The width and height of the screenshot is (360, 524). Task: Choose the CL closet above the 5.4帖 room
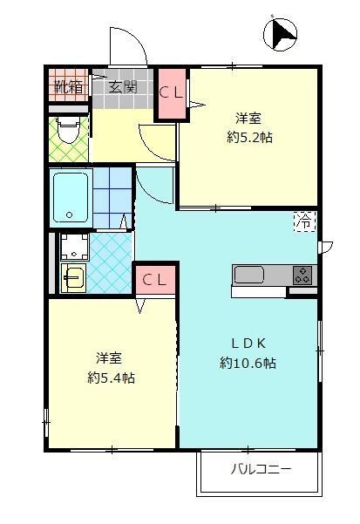coord(154,280)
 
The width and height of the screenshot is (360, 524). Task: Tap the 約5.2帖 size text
coord(248,137)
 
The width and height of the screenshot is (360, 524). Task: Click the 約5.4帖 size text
coord(111,378)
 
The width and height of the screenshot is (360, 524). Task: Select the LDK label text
coord(248,342)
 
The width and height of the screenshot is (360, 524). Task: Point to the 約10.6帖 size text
coord(248,363)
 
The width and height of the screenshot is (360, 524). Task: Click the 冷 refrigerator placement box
coord(305,222)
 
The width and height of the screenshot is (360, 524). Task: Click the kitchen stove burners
coord(302,275)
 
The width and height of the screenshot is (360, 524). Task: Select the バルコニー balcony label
coord(261,470)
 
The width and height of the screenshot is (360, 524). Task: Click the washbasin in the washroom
coord(72,278)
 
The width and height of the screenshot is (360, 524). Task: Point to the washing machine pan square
coord(72,246)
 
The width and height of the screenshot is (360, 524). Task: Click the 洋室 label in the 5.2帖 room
coord(248,117)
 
